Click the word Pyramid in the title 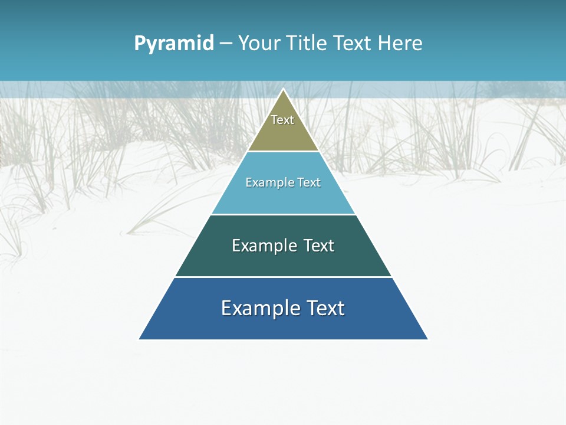point(173,44)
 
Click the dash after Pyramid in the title point(225,44)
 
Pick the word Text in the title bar point(353,43)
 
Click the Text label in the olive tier point(282,120)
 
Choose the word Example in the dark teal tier point(264,246)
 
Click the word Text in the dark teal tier point(319,246)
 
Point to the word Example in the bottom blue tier point(258,308)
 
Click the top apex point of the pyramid point(284,90)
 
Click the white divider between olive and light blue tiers point(284,151)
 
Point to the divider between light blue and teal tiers point(284,214)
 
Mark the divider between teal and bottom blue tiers point(284,277)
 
